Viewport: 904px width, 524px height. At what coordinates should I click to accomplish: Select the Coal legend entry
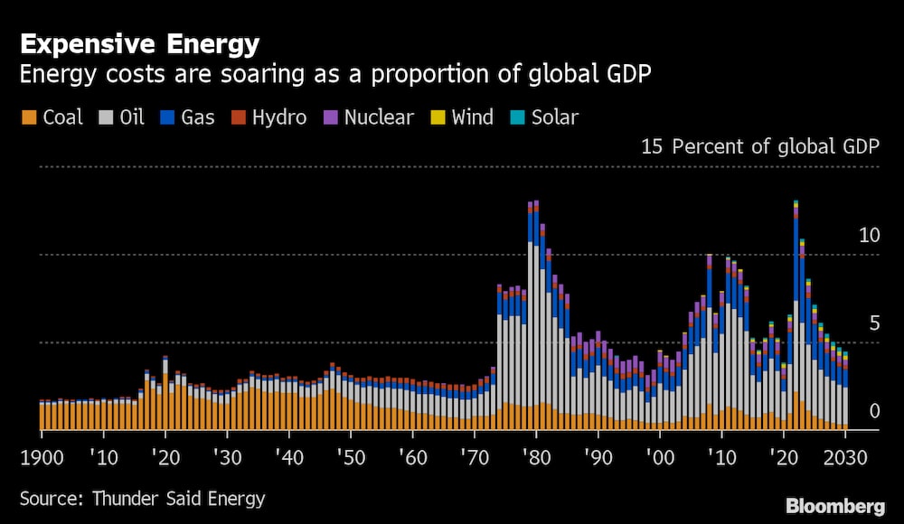pos(52,117)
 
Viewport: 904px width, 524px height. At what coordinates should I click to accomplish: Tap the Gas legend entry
pos(187,117)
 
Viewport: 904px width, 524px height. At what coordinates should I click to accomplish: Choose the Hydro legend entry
pos(268,117)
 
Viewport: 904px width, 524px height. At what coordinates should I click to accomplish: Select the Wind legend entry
pos(461,117)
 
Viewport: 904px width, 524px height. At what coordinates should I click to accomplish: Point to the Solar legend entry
pos(543,117)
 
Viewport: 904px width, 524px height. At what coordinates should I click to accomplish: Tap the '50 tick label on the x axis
pos(349,457)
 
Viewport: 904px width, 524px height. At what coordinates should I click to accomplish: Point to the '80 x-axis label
pos(535,457)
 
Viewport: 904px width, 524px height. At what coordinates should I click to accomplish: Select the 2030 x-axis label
pos(845,457)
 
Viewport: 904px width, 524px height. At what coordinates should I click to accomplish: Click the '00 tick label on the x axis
pos(659,457)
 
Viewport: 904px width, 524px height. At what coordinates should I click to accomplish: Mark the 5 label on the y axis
pos(873,323)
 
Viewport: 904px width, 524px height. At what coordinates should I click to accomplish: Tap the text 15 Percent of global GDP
pos(759,147)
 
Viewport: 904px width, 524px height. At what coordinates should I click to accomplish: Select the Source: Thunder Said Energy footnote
pos(142,498)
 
